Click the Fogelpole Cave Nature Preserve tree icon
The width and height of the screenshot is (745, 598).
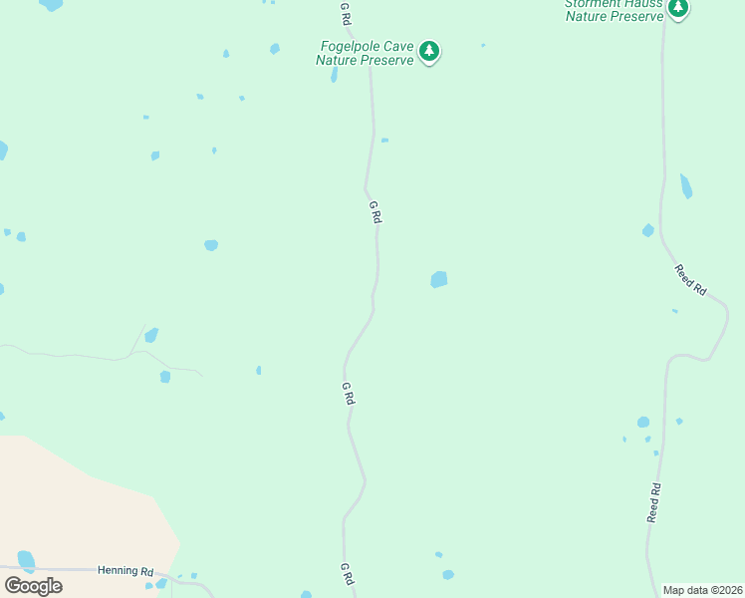pos(429,51)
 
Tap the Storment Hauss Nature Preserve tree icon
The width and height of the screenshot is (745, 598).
pos(678,9)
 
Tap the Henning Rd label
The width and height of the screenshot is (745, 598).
pos(124,571)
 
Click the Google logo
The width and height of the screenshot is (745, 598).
pos(33,585)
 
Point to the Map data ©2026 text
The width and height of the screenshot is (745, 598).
pos(702,590)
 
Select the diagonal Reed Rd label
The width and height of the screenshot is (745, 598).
pos(690,279)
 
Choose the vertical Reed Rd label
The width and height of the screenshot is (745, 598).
pos(654,503)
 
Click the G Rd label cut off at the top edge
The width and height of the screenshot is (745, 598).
pos(346,12)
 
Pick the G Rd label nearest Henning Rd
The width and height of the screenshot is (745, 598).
pos(347,574)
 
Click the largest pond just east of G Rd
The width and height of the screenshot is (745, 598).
pos(438,280)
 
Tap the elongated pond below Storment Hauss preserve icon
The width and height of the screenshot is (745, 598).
pos(685,186)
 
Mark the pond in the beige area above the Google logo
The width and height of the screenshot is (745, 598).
pos(26,560)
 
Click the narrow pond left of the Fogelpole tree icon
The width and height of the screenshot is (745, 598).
pos(334,75)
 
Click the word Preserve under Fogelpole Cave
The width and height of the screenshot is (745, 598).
pos(386,60)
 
